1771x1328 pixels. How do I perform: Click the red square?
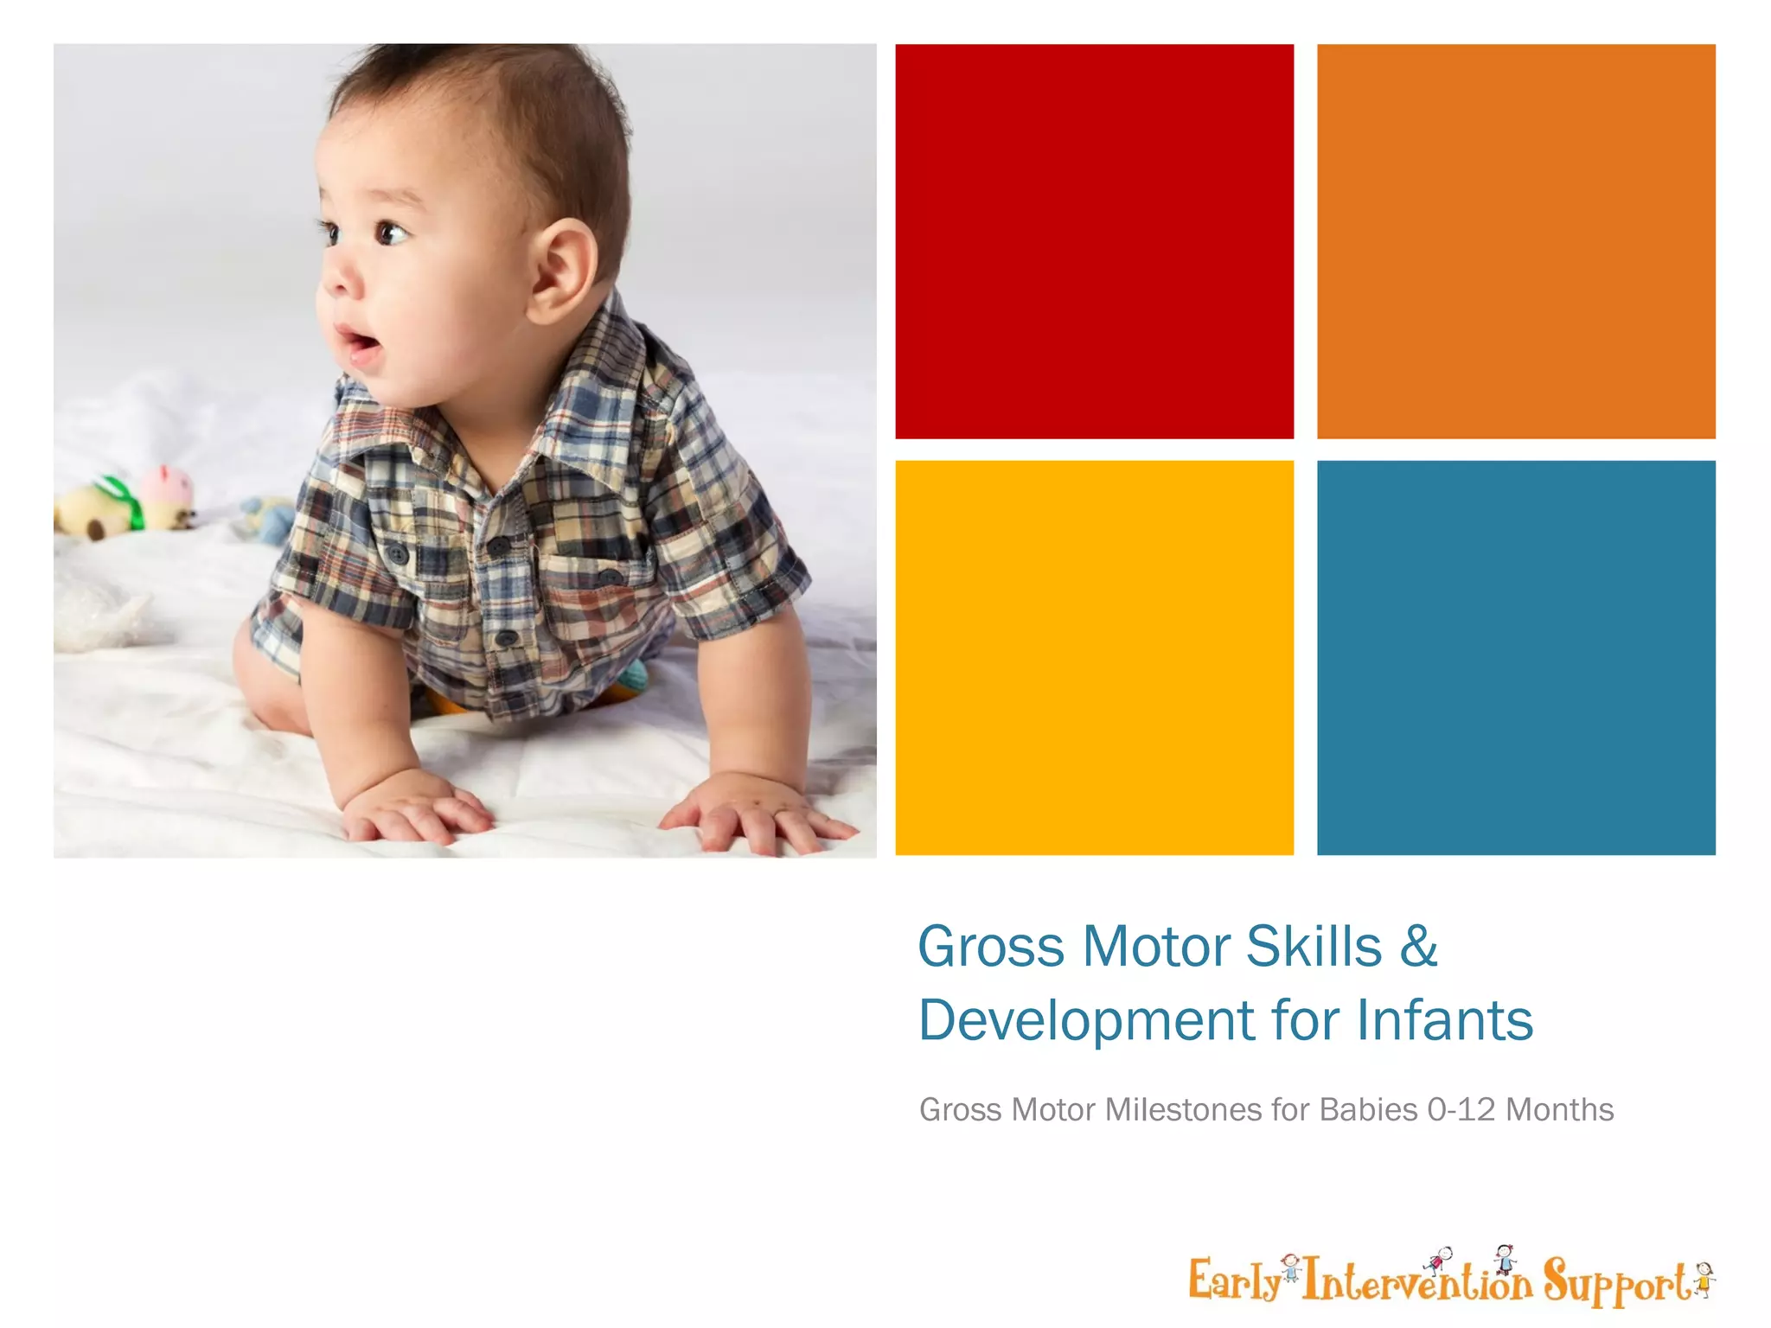[x=1094, y=241]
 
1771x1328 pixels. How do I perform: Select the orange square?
[x=1515, y=241]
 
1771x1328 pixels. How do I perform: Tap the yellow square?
[x=1094, y=657]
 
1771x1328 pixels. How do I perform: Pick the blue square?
[x=1515, y=657]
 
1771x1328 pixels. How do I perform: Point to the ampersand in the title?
[x=1418, y=947]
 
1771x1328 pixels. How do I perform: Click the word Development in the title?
[x=1085, y=1021]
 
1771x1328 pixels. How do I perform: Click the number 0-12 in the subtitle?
[x=1461, y=1109]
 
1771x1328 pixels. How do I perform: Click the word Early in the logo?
[x=1234, y=1280]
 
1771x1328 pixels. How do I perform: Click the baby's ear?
[x=563, y=267]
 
